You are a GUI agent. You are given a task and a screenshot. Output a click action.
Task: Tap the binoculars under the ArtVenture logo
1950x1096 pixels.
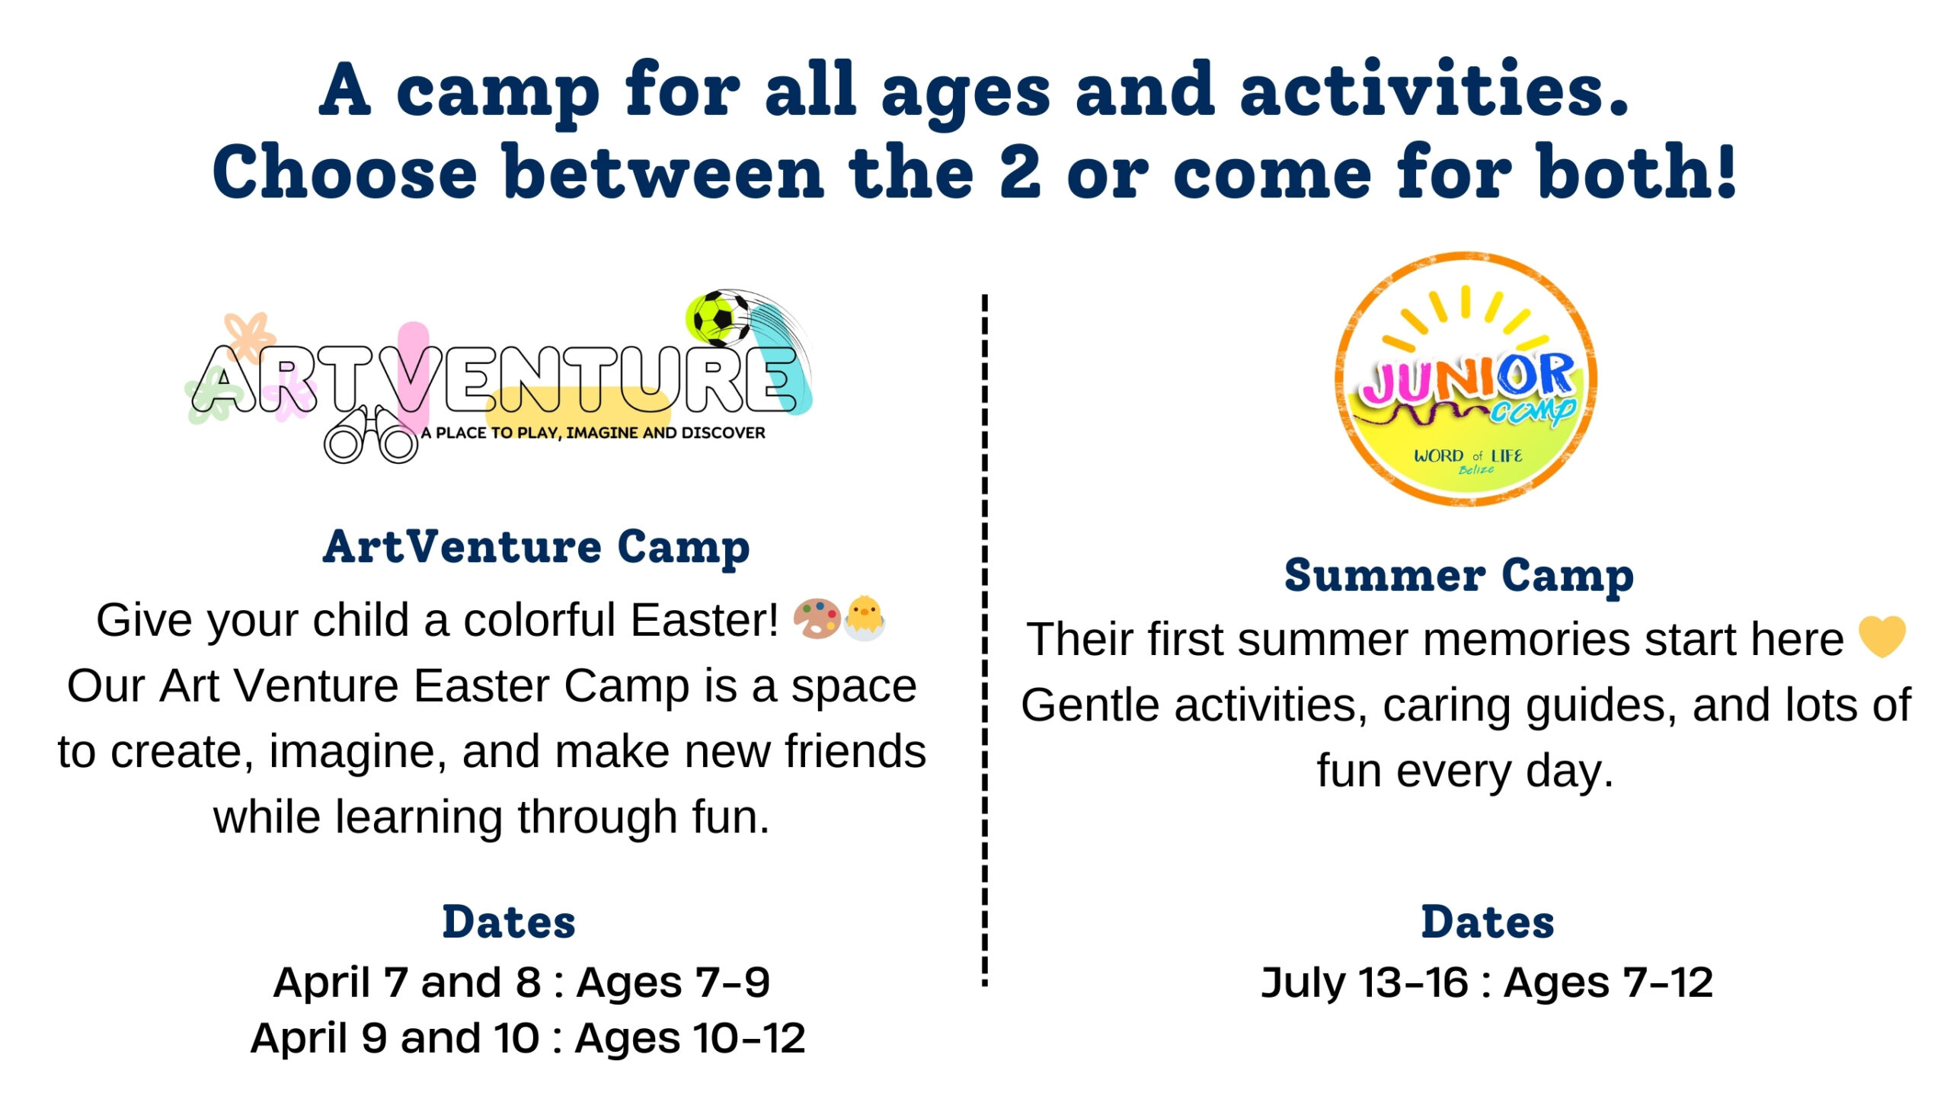pyautogui.click(x=371, y=435)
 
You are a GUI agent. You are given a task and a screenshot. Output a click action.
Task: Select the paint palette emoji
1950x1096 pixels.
pyautogui.click(x=817, y=618)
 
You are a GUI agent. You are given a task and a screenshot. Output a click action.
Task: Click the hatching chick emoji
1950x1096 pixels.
pyautogui.click(x=865, y=618)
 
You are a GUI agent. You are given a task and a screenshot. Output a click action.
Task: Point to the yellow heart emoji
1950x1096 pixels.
pyautogui.click(x=1882, y=636)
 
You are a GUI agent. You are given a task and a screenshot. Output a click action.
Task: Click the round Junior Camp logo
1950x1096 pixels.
pyautogui.click(x=1466, y=379)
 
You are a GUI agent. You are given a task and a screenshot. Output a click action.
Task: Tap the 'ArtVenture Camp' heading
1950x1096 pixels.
pyautogui.click(x=536, y=547)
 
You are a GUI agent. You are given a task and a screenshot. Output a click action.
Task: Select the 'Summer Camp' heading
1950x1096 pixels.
pyautogui.click(x=1459, y=575)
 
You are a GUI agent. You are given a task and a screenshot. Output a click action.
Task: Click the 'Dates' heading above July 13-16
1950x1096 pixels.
pyautogui.click(x=1488, y=922)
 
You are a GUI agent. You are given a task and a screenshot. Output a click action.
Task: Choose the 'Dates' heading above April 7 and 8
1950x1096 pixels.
pyautogui.click(x=509, y=922)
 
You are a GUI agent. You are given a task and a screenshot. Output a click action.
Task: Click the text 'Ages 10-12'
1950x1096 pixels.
pyautogui.click(x=690, y=1038)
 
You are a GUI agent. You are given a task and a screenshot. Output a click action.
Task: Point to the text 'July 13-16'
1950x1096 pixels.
pyautogui.click(x=1364, y=983)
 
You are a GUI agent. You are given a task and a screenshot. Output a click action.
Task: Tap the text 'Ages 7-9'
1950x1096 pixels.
pyautogui.click(x=673, y=983)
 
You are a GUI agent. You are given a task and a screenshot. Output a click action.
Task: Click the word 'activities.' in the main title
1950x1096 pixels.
pyautogui.click(x=1434, y=91)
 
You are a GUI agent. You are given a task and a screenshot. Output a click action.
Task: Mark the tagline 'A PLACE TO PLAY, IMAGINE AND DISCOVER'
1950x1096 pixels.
pyautogui.click(x=593, y=433)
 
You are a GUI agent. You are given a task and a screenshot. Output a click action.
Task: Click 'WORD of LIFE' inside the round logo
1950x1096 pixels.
pyautogui.click(x=1468, y=455)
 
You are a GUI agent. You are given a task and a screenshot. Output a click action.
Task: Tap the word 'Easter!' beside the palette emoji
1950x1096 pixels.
pyautogui.click(x=705, y=620)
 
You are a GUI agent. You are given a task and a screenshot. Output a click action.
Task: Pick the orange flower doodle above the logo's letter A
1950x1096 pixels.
pyautogui.click(x=249, y=336)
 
